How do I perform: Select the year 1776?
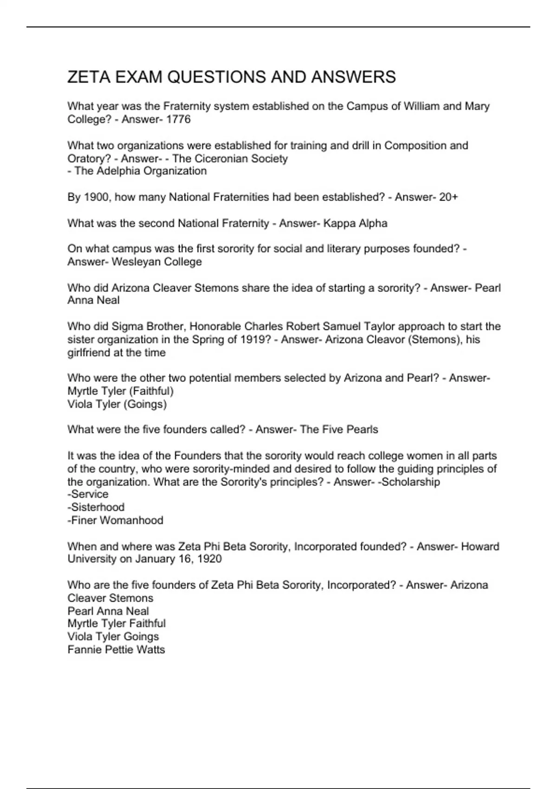(178, 119)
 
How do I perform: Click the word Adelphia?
(118, 171)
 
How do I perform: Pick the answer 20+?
(448, 197)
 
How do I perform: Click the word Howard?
(480, 546)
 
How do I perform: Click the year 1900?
(97, 197)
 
